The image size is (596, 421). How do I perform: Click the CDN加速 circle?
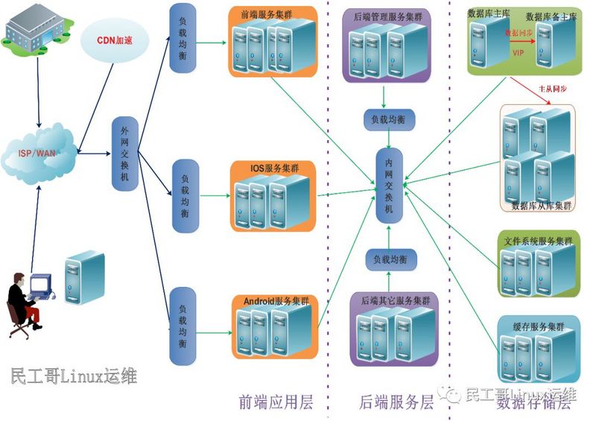(115, 40)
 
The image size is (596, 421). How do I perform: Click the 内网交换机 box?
(388, 186)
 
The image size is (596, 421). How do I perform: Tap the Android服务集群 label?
(276, 300)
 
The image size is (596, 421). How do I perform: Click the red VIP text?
(519, 53)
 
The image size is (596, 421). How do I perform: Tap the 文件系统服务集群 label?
(538, 241)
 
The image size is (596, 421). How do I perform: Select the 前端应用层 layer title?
(275, 403)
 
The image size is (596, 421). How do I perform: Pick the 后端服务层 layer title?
(396, 403)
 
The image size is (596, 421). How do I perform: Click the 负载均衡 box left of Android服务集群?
(182, 326)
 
